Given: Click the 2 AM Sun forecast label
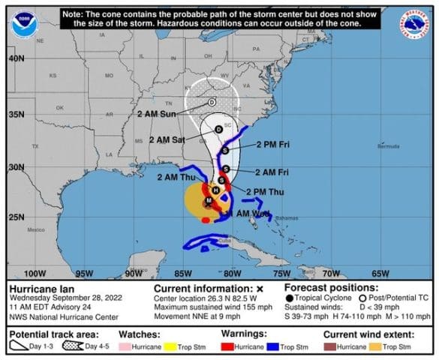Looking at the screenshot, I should (157, 114).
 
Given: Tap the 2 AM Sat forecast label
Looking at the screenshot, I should (168, 139).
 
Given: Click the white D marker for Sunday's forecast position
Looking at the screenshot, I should (212, 102).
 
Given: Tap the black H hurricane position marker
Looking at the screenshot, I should (216, 190).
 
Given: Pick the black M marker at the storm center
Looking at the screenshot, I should (208, 200).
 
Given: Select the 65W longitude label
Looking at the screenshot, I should (380, 273).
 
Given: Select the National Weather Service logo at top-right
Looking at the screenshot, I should (417, 23).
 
